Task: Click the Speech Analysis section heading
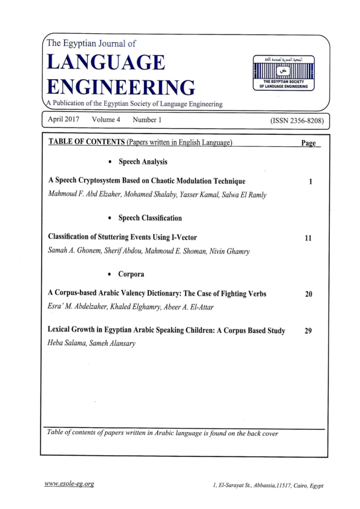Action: (143, 162)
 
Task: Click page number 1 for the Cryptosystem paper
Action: (310, 181)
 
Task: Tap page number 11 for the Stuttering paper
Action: (308, 238)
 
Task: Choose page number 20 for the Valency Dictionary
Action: (309, 294)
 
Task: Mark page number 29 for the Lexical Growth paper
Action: (308, 331)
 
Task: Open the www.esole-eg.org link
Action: (69, 484)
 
